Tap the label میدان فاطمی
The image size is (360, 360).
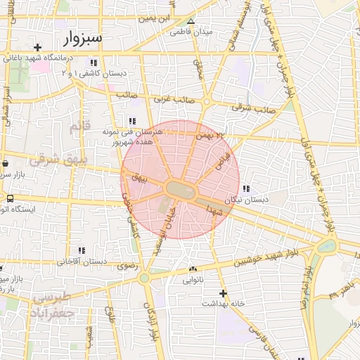click(191, 32)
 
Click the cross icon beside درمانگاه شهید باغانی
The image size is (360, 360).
click(37, 48)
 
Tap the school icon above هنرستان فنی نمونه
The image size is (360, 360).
click(133, 120)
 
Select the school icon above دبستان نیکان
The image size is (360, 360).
click(246, 188)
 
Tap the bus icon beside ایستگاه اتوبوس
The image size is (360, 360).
click(9, 198)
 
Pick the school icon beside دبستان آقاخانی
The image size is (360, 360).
click(82, 250)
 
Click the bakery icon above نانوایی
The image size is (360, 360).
click(193, 269)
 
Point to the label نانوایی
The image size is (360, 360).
click(193, 279)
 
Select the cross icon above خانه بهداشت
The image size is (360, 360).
click(224, 292)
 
